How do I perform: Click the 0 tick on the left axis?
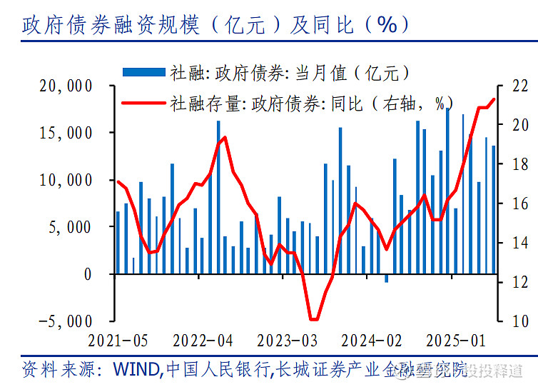(x=88, y=274)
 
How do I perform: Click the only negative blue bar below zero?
(x=387, y=278)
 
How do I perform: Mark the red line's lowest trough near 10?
(x=314, y=319)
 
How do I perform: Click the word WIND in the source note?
(x=133, y=369)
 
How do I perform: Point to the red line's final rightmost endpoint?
(x=494, y=99)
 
